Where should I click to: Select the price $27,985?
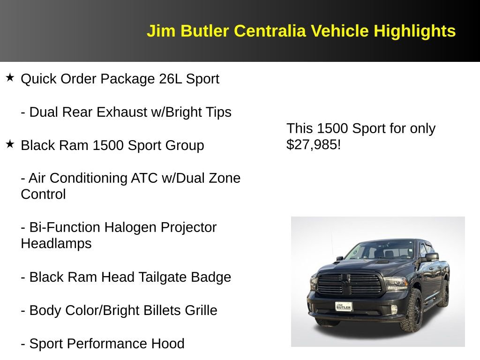point(313,144)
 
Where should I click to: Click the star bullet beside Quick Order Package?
point(10,77)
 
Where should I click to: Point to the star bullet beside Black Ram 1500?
point(10,144)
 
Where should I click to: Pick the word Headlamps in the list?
point(56,244)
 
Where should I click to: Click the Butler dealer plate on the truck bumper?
point(344,306)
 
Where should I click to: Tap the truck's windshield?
point(380,251)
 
